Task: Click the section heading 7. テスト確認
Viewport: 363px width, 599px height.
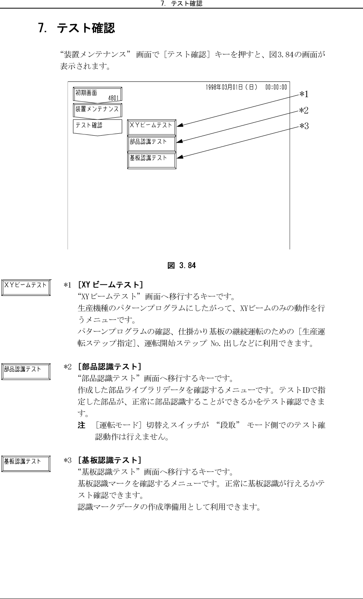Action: tap(77, 28)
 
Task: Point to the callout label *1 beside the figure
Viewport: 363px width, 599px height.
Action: tap(304, 94)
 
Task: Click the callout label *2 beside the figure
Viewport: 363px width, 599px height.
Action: tap(304, 111)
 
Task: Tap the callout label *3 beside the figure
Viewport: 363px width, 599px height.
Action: tap(304, 126)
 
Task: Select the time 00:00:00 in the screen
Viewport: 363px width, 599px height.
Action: tap(276, 87)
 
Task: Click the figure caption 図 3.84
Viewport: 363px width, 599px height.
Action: tap(181, 266)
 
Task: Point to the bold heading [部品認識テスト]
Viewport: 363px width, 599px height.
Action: tap(109, 367)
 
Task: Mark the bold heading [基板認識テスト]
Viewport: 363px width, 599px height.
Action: tap(109, 461)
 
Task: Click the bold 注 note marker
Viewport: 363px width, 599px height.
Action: tap(82, 426)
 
